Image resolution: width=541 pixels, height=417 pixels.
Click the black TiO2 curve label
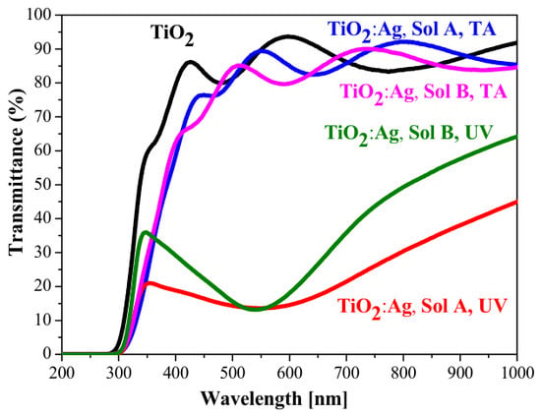point(172,34)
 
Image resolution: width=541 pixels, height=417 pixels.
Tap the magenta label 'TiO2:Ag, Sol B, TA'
point(423,92)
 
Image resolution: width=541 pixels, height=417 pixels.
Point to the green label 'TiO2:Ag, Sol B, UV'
point(408,133)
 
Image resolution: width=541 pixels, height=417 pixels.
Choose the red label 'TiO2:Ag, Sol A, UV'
point(423,306)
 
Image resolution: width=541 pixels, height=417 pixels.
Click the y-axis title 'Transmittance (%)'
point(16,172)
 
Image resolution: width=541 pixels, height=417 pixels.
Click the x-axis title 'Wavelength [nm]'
point(274,399)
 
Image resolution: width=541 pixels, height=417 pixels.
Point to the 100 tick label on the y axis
point(42,15)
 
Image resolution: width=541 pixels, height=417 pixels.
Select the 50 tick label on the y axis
point(47,185)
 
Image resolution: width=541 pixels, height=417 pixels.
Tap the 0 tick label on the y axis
point(52,354)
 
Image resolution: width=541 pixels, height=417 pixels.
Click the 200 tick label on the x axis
point(62,373)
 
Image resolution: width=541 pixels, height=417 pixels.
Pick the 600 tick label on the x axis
point(289,373)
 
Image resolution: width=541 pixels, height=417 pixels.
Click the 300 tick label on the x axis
point(119,373)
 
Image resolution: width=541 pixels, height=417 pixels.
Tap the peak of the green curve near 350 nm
point(146,232)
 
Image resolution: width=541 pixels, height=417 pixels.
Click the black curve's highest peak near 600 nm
point(288,36)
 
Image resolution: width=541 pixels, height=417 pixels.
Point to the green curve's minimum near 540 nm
point(256,309)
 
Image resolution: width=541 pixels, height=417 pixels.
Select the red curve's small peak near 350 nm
point(150,283)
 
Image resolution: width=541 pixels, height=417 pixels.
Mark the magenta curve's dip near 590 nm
point(283,84)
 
